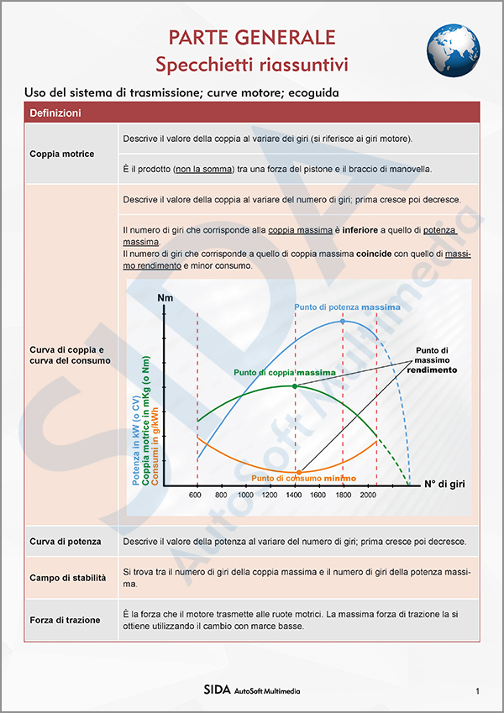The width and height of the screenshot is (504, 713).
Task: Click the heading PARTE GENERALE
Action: point(252,37)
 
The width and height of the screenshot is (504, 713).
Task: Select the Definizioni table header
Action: point(55,113)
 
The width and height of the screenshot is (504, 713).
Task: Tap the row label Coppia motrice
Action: point(62,154)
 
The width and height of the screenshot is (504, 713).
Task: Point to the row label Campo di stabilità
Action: point(67,578)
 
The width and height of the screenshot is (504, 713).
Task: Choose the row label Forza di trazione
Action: point(65,620)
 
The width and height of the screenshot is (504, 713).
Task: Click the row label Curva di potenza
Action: point(65,542)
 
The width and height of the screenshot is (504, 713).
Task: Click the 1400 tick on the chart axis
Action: point(294,495)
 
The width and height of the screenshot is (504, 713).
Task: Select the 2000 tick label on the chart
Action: point(367,495)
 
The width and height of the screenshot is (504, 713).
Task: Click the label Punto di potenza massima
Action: point(347,307)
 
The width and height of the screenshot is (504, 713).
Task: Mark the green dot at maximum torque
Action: point(294,385)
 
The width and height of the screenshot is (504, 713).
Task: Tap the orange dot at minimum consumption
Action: point(295,470)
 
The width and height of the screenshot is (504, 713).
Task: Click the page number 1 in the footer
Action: point(477,691)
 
